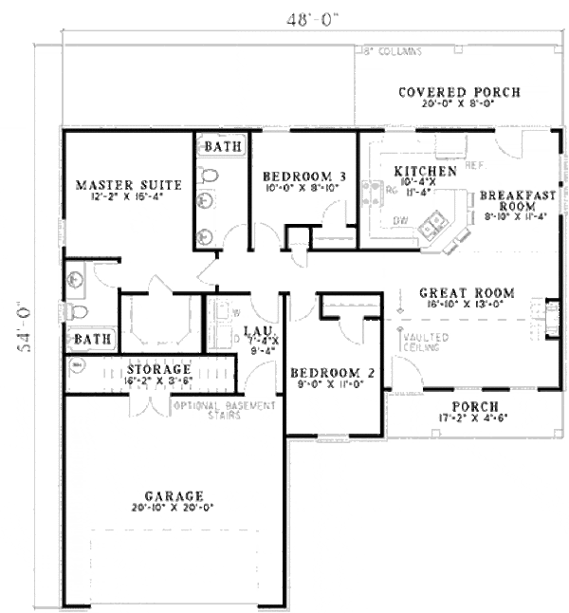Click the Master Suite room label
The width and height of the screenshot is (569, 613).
point(120,184)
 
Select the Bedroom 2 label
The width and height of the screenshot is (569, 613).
point(331,373)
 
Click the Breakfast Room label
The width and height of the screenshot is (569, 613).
point(517,200)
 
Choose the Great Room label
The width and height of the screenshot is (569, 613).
point(467,293)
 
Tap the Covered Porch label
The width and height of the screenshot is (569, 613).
point(459,92)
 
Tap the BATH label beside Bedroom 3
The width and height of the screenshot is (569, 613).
point(224,147)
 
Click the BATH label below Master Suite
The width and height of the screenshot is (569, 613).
point(93,338)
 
